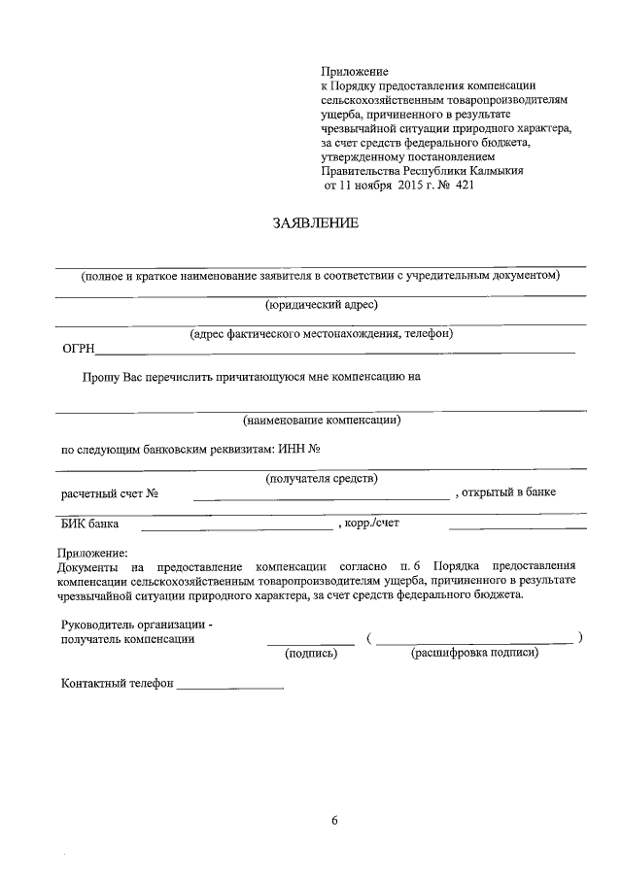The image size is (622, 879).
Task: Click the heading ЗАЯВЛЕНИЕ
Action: tap(316, 224)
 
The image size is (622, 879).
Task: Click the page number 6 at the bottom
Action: tap(333, 821)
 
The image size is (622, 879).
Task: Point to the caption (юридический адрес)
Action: tap(321, 304)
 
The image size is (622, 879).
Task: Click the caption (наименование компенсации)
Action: tap(322, 421)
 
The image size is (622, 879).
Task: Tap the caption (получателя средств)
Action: tap(322, 478)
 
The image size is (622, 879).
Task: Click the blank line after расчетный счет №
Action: tap(321, 497)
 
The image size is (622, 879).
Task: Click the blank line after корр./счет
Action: tap(517, 528)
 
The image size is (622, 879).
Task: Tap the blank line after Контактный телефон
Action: tap(230, 688)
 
